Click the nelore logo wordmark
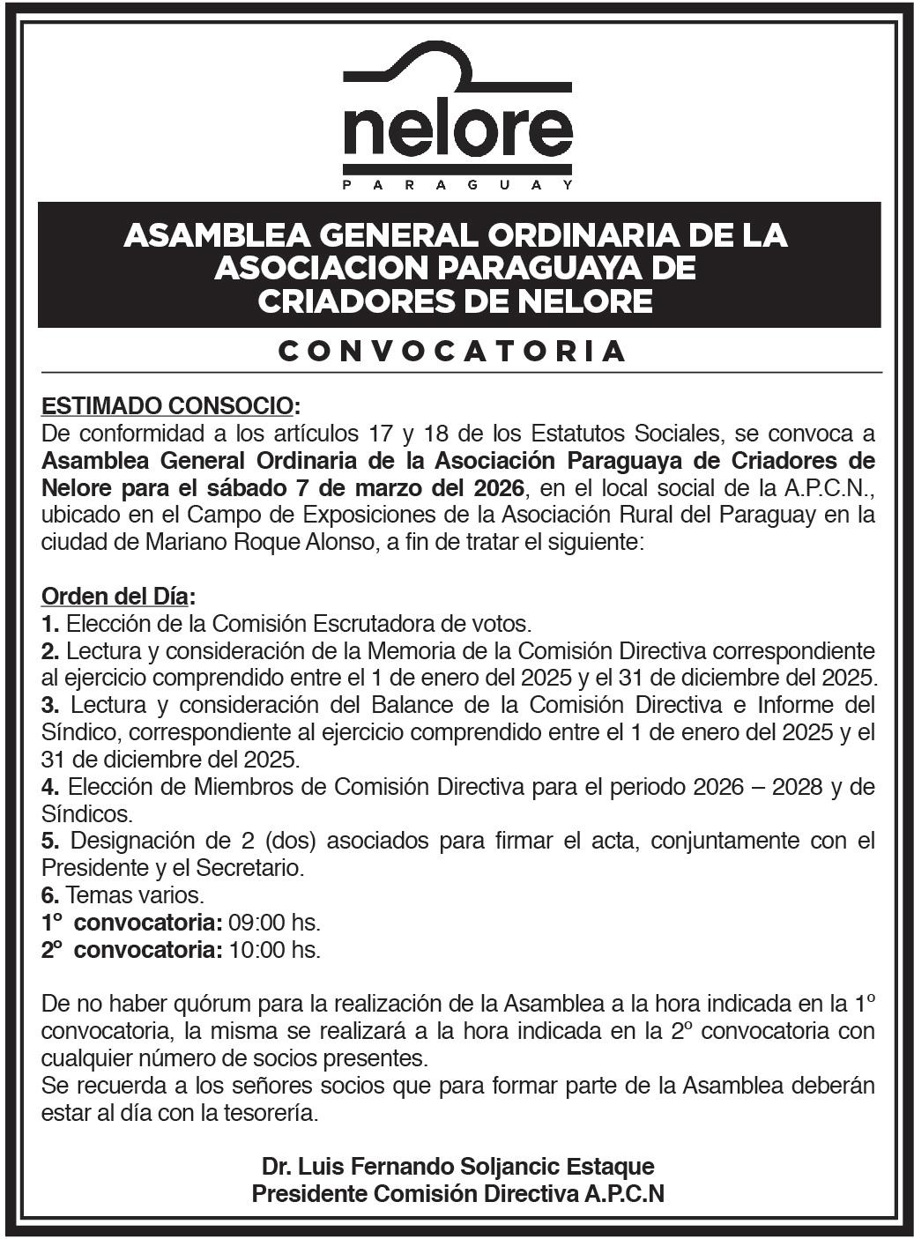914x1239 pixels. (457, 130)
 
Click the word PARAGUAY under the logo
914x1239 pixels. (457, 185)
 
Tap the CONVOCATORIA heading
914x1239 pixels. (452, 351)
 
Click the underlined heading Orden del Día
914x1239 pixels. (115, 597)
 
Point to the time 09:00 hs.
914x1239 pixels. (274, 923)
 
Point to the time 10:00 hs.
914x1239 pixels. (274, 950)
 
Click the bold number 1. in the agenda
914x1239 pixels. (50, 624)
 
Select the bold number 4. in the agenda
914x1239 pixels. (50, 787)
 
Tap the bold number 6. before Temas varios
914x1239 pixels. (50, 895)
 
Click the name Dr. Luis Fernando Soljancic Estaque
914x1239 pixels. (457, 1167)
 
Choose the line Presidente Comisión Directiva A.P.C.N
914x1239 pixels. (457, 1194)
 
